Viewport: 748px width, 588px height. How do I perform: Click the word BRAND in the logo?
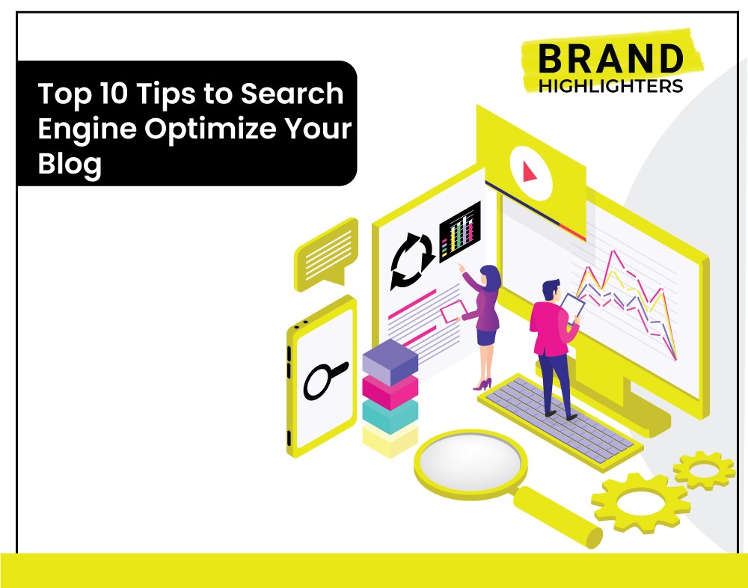(x=610, y=58)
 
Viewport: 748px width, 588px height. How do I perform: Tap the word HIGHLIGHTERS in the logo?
(x=610, y=86)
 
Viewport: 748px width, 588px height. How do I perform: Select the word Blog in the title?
(x=70, y=165)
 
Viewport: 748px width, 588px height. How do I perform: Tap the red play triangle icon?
(x=529, y=172)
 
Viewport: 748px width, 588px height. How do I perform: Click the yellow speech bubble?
(x=326, y=254)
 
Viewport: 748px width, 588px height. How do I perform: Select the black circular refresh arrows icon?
(x=411, y=260)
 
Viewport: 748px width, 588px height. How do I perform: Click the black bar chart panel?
(x=459, y=232)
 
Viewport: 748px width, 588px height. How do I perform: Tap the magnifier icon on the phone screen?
(x=325, y=380)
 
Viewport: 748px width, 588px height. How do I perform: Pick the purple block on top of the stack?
(x=390, y=362)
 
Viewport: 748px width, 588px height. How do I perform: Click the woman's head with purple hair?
(x=491, y=277)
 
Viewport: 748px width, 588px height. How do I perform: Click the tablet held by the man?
(x=572, y=308)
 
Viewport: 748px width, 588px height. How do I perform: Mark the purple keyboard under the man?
(x=561, y=423)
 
